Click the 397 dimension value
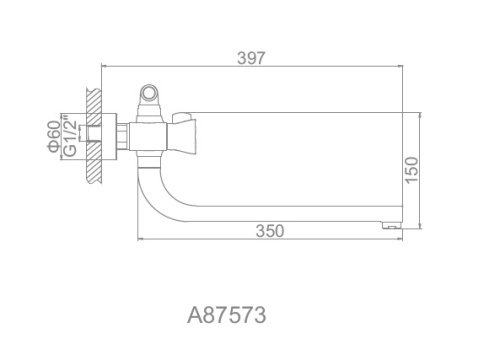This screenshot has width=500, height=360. [x=251, y=58]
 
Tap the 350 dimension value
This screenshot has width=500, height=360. [x=270, y=231]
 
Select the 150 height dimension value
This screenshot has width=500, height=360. [x=412, y=170]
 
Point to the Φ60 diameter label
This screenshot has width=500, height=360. [x=54, y=137]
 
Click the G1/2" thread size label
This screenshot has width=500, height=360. [x=70, y=136]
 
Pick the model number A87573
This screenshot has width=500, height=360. [x=227, y=315]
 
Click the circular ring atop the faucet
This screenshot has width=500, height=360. [x=149, y=93]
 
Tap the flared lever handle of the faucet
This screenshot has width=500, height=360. [x=184, y=132]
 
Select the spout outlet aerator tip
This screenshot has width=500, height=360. [x=391, y=225]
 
